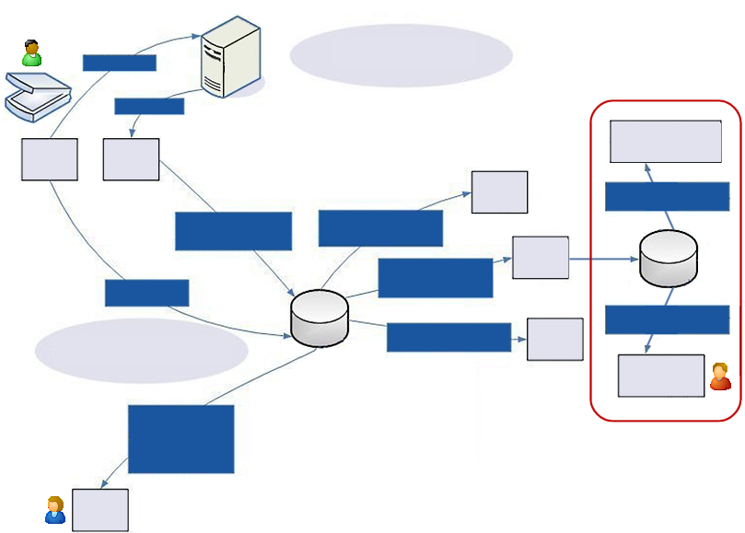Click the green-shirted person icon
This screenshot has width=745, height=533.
point(32,53)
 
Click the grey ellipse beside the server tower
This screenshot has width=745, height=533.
point(401,55)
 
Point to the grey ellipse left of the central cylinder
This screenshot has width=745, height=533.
point(142,351)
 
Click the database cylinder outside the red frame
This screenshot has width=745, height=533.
point(319,318)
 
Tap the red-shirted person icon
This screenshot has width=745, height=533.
point(720,377)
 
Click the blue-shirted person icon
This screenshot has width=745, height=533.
point(55,510)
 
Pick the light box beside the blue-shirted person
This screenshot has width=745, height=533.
point(100,510)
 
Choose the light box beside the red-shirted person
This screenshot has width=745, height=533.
point(660,376)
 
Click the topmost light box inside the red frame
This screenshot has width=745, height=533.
point(666,141)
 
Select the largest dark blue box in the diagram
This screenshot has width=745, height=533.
point(181,439)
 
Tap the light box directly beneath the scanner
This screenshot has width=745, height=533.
point(49,160)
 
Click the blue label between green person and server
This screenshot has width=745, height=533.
point(119,63)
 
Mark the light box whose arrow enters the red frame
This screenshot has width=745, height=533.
point(540,258)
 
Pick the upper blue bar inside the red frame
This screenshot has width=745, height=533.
point(667,196)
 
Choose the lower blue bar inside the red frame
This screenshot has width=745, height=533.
point(667,319)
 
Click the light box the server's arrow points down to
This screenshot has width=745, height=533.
point(131,160)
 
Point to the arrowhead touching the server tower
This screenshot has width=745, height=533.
point(197,36)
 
